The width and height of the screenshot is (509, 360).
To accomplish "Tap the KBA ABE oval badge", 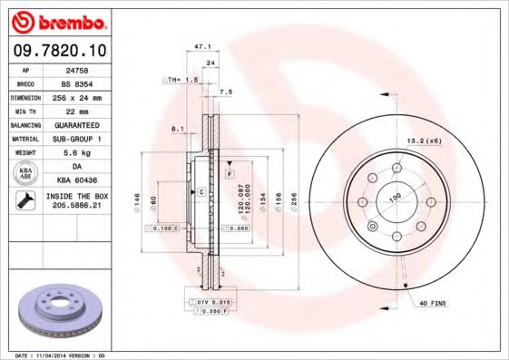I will tap(26, 174).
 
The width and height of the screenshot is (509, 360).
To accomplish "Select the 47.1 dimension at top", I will tap(203, 45).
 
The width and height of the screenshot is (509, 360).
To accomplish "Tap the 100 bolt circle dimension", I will tap(396, 198).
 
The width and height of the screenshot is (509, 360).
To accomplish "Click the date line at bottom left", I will tap(61, 355).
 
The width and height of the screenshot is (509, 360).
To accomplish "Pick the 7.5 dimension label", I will tap(226, 92).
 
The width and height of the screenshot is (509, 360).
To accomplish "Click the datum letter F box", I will tap(230, 172).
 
